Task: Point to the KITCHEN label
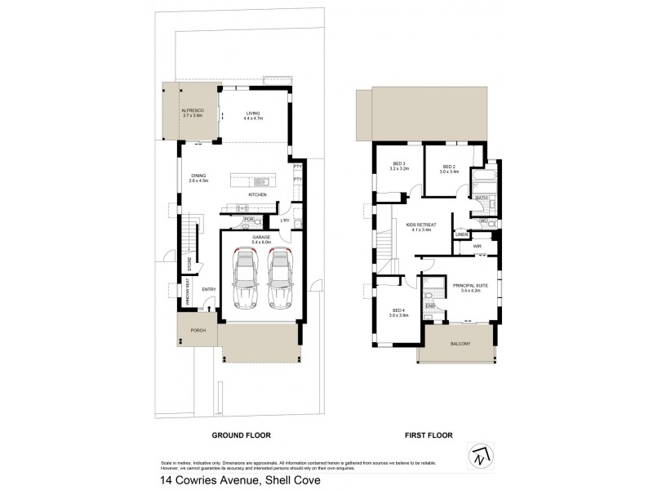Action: tap(258, 195)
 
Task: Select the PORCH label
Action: tap(198, 331)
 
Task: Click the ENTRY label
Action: tap(209, 289)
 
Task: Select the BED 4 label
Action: tap(398, 311)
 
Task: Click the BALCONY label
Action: tap(460, 345)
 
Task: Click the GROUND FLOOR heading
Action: tap(241, 436)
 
